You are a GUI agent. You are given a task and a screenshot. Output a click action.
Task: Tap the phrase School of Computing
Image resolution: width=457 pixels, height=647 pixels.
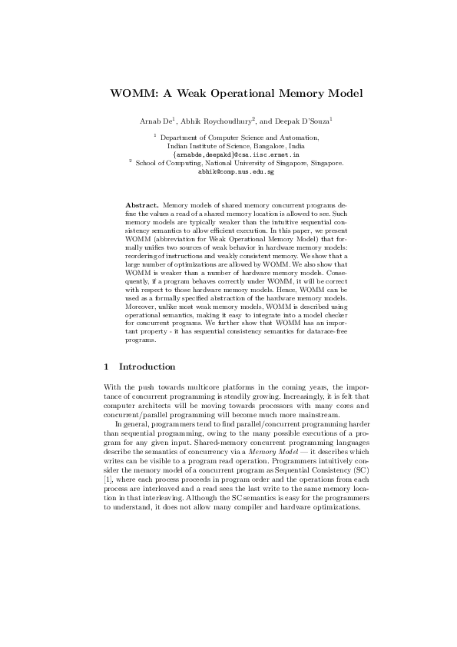tap(167, 163)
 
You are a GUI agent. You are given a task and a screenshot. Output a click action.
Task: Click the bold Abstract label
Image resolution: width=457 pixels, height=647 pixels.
tap(141, 206)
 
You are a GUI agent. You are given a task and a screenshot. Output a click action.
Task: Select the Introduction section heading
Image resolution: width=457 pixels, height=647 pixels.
tap(147, 367)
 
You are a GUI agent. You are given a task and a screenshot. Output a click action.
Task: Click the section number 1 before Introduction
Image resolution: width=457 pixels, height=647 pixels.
tap(106, 367)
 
